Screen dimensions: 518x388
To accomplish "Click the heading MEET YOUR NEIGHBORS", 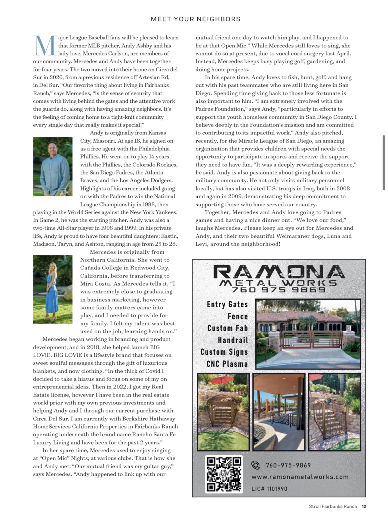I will pyautogui.click(x=196, y=19).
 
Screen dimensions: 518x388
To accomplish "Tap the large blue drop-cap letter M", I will pyautogui.click(x=45, y=46).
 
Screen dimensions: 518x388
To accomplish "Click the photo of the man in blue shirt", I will pyautogui.click(x=53, y=166).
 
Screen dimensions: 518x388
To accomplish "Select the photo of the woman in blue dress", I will pyautogui.click(x=53, y=289).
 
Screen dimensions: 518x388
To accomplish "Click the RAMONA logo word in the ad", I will pyautogui.click(x=279, y=272).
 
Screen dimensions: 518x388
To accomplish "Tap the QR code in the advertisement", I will pyautogui.click(x=224, y=474).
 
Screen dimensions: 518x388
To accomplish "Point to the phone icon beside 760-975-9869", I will pyautogui.click(x=255, y=465).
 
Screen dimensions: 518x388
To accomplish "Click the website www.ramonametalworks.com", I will pyautogui.click(x=300, y=477).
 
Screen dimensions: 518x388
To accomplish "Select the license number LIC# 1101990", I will pyautogui.click(x=269, y=489).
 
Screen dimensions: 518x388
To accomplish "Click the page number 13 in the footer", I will pyautogui.click(x=364, y=506).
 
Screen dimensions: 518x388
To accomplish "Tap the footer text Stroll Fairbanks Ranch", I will pyautogui.click(x=333, y=506).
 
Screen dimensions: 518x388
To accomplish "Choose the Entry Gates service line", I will pyautogui.click(x=227, y=304).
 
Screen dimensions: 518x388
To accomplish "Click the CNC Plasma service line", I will pyautogui.click(x=227, y=364).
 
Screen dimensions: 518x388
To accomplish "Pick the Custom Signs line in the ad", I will pyautogui.click(x=224, y=352).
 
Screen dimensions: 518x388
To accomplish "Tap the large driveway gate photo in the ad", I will pyautogui.click(x=308, y=334).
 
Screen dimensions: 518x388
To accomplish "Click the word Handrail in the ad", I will pyautogui.click(x=233, y=340).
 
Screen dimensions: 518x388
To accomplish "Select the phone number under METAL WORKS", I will pyautogui.click(x=279, y=290).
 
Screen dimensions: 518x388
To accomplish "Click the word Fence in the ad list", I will pyautogui.click(x=238, y=316).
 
